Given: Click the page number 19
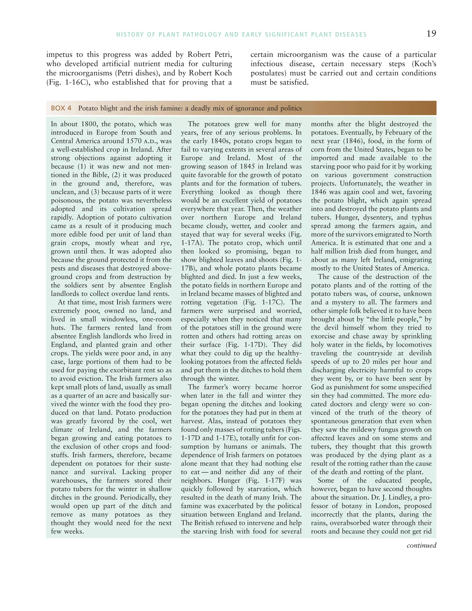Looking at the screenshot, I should click(x=431, y=34).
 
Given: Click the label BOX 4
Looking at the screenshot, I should click(x=61, y=108).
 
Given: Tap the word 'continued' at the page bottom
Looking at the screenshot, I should click(x=421, y=545).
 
